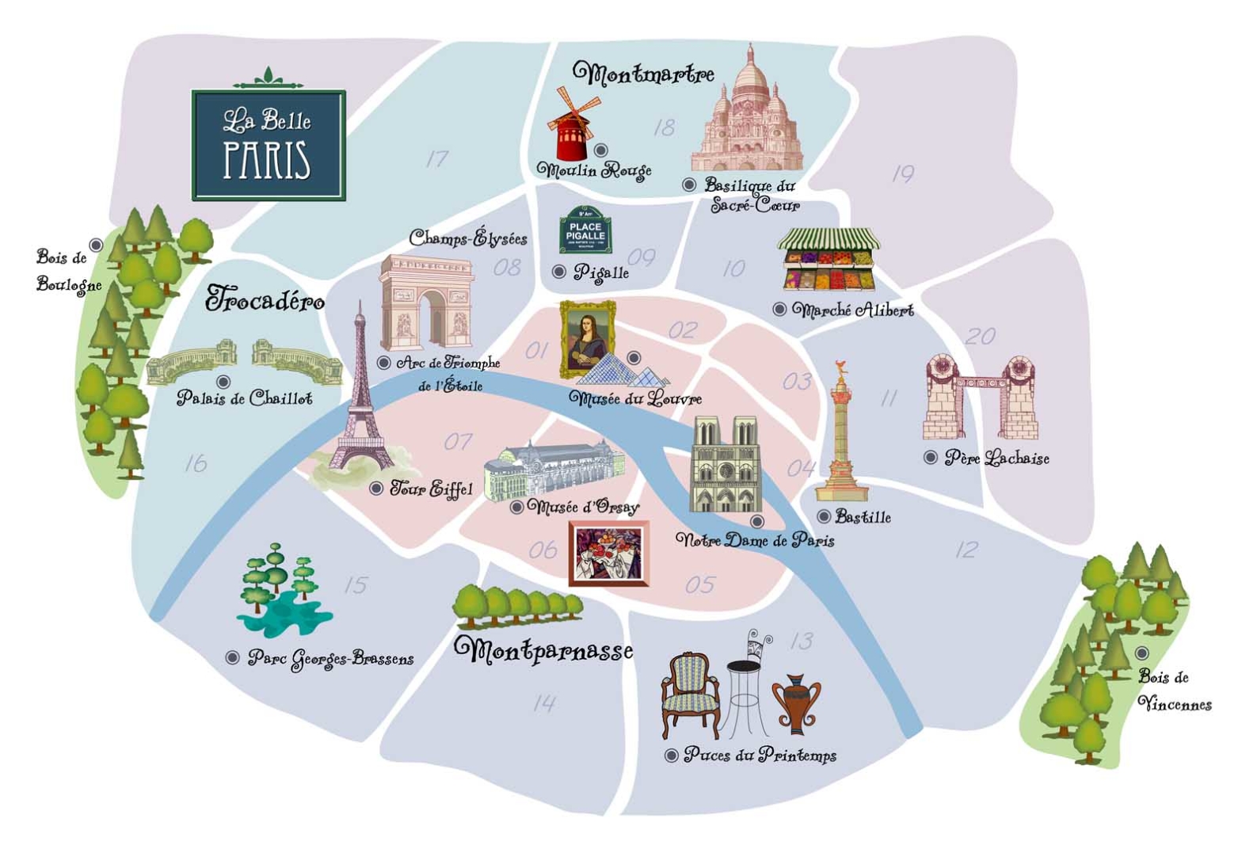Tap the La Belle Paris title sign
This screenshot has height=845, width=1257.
point(269,145)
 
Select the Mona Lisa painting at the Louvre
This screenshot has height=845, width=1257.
point(587,338)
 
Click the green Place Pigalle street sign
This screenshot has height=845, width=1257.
point(585,231)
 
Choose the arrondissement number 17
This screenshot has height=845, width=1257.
point(437,159)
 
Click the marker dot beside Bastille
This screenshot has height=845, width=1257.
point(824,517)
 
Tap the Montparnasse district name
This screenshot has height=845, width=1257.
point(543,650)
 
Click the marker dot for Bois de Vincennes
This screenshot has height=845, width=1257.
point(1141,653)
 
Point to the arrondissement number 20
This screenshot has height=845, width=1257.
point(980,337)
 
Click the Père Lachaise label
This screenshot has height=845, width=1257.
point(996,458)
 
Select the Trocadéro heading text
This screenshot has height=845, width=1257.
point(265,299)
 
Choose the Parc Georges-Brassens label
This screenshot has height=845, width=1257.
point(330,658)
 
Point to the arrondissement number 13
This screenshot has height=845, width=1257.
point(802,640)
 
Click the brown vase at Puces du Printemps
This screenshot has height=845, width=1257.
point(796,705)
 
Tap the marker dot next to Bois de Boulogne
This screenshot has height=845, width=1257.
point(96,246)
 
